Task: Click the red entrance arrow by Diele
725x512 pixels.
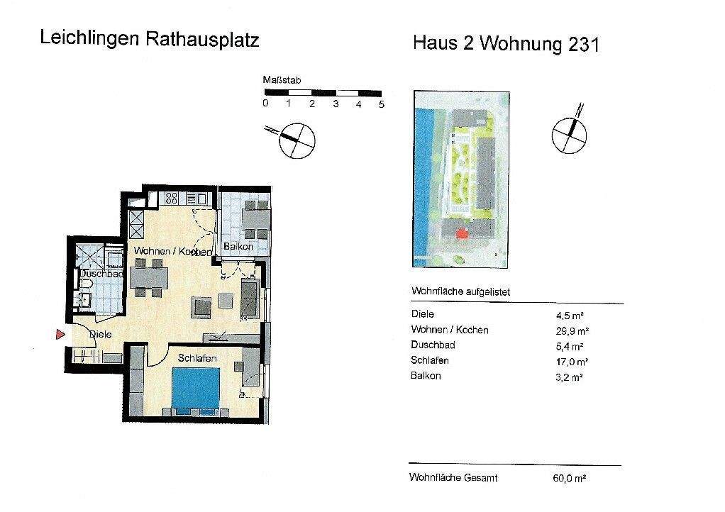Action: click(60, 334)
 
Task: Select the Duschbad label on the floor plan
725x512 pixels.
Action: click(102, 273)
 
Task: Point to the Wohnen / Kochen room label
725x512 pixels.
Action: click(172, 252)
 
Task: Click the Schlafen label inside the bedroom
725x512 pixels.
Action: click(197, 359)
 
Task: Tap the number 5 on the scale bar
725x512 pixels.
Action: click(382, 104)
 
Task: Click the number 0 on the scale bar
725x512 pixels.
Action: click(265, 104)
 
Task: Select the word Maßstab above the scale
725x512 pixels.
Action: click(282, 81)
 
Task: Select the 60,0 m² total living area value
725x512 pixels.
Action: click(570, 479)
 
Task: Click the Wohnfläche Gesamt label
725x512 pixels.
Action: click(453, 478)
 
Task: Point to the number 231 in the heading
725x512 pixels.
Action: click(583, 44)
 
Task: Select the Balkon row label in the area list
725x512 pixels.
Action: click(426, 376)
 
